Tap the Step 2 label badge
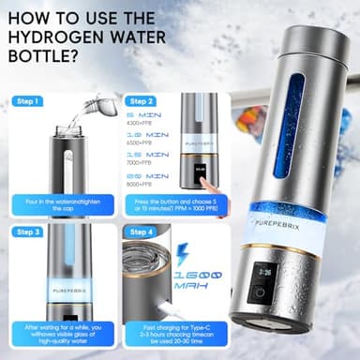(x=142, y=100)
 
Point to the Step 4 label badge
(x=142, y=231)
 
